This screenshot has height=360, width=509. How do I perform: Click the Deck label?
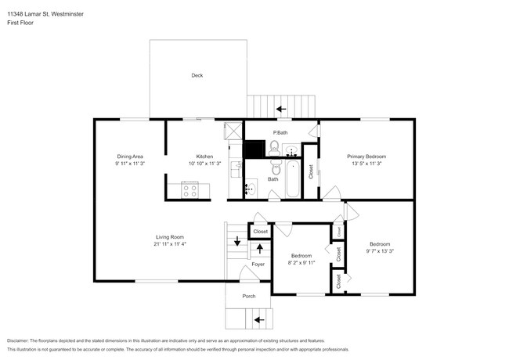pyautogui.click(x=197, y=75)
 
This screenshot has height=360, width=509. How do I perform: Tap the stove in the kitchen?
pyautogui.click(x=190, y=189)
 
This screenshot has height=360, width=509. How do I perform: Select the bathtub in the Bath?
pyautogui.click(x=293, y=178)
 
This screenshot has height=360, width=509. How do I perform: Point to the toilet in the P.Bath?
pyautogui.click(x=274, y=148)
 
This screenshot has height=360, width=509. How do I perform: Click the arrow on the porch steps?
pyautogui.click(x=259, y=320)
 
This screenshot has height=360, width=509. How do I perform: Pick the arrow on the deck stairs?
pyautogui.click(x=281, y=109)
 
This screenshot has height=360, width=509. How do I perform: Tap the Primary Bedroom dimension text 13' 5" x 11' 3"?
pyautogui.click(x=366, y=164)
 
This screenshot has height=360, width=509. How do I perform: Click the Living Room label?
pyautogui.click(x=170, y=237)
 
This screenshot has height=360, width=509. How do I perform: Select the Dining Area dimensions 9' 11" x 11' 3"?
pyautogui.click(x=130, y=164)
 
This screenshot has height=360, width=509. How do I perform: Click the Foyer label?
pyautogui.click(x=258, y=265)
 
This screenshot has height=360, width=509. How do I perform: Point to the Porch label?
pyautogui.click(x=249, y=296)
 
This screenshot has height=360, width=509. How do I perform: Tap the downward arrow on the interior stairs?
pyautogui.click(x=237, y=241)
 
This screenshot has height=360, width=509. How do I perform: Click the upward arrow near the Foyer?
pyautogui.click(x=260, y=249)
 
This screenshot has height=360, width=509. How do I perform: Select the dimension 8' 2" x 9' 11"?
pyautogui.click(x=301, y=263)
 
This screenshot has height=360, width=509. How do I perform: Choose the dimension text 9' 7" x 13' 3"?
pyautogui.click(x=380, y=250)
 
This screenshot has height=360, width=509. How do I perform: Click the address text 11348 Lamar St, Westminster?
pyautogui.click(x=45, y=14)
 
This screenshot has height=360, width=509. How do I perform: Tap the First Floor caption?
pyautogui.click(x=20, y=23)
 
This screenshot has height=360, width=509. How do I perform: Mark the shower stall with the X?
pyautogui.click(x=233, y=131)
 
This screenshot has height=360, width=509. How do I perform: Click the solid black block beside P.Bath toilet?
pyautogui.click(x=254, y=149)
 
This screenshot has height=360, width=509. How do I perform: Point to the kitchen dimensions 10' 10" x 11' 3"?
pyautogui.click(x=205, y=164)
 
